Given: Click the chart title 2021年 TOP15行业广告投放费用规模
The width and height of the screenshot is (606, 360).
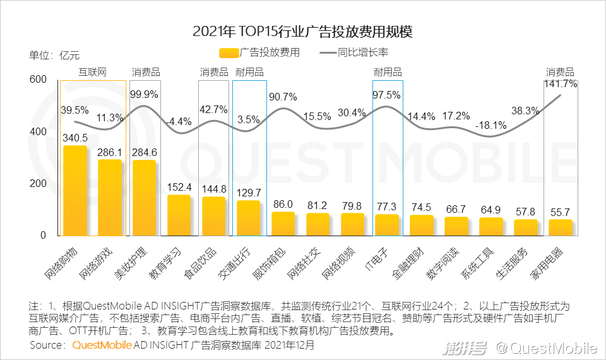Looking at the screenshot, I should tap(302, 32).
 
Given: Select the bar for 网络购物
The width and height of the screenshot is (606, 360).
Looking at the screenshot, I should tap(75, 190).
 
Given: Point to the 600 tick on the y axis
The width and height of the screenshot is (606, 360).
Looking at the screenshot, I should tap(38, 80).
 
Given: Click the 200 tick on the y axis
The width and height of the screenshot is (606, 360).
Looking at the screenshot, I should tap(38, 183).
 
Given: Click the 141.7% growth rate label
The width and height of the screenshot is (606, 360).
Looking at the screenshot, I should tap(560, 84).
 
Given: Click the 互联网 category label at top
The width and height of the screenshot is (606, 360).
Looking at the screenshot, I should tap(92, 72).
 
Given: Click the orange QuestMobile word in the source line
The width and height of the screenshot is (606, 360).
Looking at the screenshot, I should tap(102, 345).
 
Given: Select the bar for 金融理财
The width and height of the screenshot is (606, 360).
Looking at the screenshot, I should tap(422, 225).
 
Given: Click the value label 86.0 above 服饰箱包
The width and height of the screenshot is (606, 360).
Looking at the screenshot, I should tap(282, 204).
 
